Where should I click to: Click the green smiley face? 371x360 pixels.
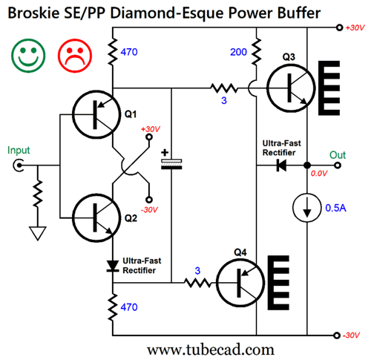coord(28,56)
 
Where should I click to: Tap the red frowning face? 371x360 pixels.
coord(75,56)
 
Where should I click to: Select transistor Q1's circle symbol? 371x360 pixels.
coord(96,114)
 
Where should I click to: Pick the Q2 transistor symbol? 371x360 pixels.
coord(96,218)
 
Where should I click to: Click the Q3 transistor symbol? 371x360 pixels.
coord(291,88)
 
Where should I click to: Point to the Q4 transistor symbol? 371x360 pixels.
coord(240,282)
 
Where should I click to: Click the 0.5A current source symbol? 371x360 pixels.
coord(307,208)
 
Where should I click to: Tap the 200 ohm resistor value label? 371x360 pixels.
coord(238,52)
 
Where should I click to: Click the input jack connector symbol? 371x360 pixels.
coord(19,166)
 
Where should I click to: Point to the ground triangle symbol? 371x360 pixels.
coord(38,233)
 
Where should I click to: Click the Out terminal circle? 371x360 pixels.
coord(338,166)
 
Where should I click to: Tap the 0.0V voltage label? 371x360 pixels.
coord(319,174)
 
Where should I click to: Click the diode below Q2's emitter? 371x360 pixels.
coord(113,266)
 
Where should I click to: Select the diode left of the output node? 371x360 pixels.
coord(281,166)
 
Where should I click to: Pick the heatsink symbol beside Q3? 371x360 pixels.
coord(329,88)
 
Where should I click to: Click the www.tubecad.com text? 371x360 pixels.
coord(211,350)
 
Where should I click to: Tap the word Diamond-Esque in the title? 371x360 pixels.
coord(168,13)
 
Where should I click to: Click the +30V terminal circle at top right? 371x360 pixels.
coord(340,27)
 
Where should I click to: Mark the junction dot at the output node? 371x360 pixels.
coord(307,166)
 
